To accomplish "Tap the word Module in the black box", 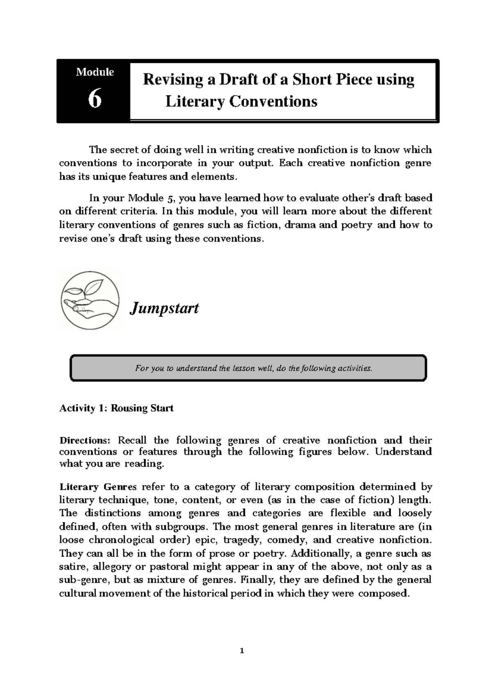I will tap(95, 72).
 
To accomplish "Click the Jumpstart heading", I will tap(164, 308).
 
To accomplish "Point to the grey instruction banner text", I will tap(253, 368).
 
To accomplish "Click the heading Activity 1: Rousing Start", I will tap(116, 408).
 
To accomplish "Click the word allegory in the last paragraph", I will tap(112, 567).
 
